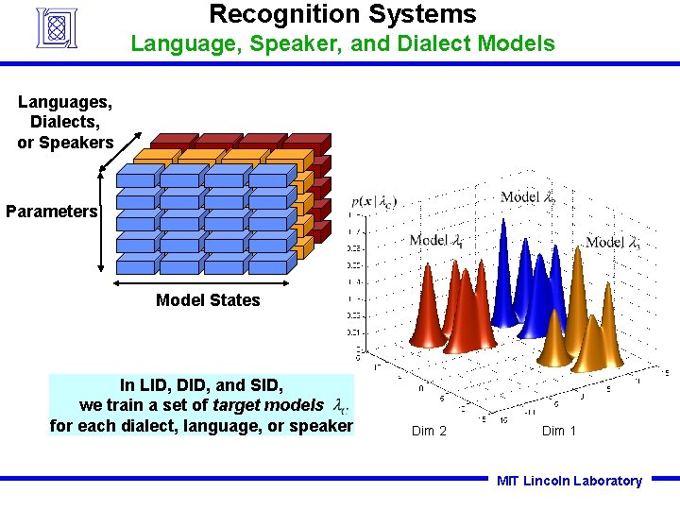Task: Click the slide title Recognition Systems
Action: tap(342, 14)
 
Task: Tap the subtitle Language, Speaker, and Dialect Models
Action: tap(342, 43)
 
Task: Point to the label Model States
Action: tap(208, 300)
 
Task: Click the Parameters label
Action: tap(51, 211)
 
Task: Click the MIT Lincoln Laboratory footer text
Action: tap(569, 481)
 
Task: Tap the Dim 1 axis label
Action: tap(558, 432)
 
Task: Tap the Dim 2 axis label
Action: tap(429, 432)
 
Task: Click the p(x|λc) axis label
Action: tap(373, 201)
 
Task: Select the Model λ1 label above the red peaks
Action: tap(435, 241)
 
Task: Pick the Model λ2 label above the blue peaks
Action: tap(527, 197)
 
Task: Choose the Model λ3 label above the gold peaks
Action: tap(613, 242)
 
